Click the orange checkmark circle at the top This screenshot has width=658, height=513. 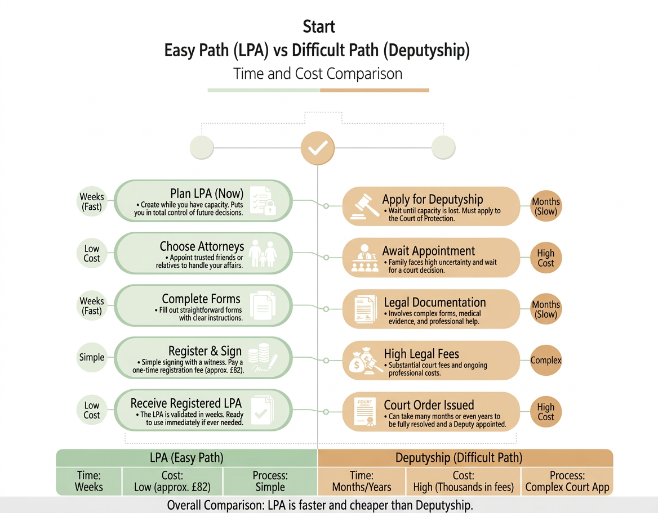[318, 148]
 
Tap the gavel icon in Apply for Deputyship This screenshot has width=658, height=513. [362, 206]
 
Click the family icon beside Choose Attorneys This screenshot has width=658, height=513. [263, 254]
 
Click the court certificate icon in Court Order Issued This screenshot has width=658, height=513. [363, 412]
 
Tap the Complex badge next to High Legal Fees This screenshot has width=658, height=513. [546, 360]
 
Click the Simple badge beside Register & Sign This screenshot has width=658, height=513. [92, 357]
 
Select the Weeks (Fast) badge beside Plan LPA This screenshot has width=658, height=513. [91, 201]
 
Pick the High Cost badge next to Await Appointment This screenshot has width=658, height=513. [545, 258]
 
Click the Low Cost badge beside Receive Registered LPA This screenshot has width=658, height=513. [92, 410]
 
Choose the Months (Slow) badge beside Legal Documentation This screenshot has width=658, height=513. [546, 309]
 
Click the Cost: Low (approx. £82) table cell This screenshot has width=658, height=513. [172, 481]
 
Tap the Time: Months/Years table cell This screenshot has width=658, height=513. [361, 481]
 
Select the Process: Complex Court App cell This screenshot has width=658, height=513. [567, 481]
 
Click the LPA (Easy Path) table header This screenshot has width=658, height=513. [186, 457]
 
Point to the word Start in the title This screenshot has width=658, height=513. [318, 26]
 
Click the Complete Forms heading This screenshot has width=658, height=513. [201, 299]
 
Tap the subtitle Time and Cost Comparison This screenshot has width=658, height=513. [318, 74]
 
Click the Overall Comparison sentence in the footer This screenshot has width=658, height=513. [319, 505]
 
